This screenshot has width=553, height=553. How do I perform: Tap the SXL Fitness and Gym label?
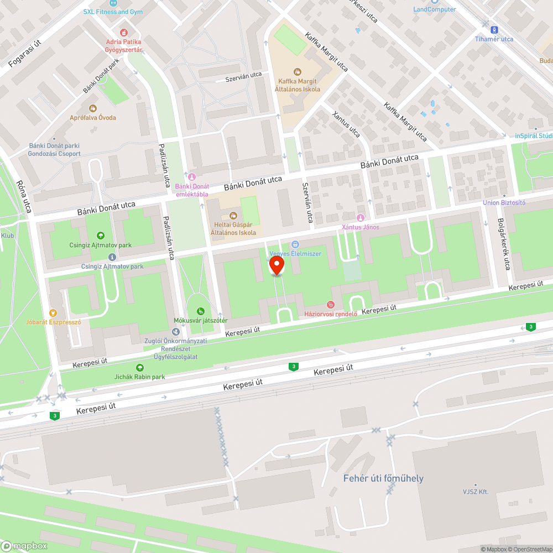tap(113, 12)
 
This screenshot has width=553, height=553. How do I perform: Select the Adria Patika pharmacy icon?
tap(123, 33)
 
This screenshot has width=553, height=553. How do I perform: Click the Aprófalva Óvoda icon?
tap(92, 108)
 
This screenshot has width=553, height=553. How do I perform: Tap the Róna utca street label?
tap(24, 196)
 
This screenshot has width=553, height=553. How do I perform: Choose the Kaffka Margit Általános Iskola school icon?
tap(298, 71)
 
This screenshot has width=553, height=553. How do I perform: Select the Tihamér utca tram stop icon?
tap(494, 30)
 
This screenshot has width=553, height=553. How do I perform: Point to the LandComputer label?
tap(435, 9)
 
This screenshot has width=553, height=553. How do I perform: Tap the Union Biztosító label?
tap(504, 202)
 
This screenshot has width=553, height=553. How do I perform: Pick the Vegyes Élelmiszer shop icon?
tap(295, 244)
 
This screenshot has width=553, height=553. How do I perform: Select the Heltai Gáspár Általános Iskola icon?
tap(233, 215)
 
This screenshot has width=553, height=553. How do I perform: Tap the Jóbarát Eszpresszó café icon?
tap(53, 313)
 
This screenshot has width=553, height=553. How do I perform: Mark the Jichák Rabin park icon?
tap(139, 368)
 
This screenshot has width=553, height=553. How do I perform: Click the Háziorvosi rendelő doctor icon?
tap(331, 304)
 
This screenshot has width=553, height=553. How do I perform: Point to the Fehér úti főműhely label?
tap(383, 478)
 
